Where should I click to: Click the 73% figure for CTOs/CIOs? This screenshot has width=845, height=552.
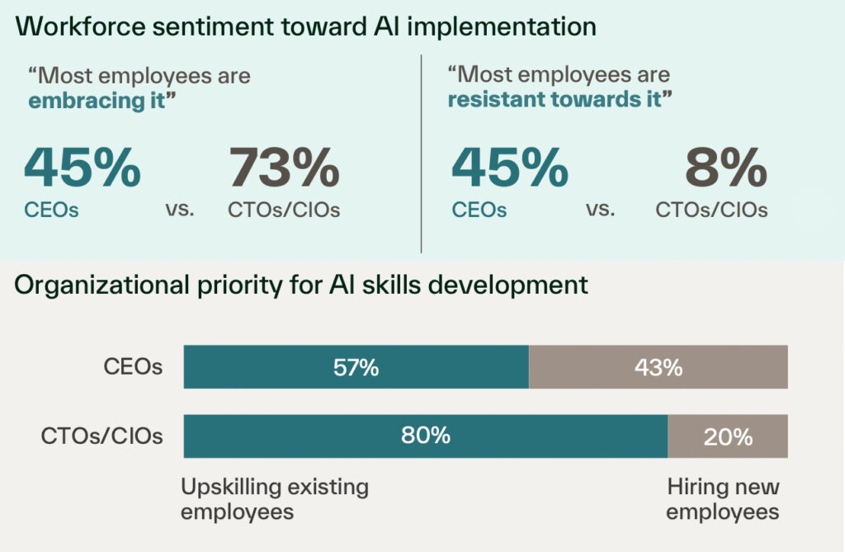(x=284, y=167)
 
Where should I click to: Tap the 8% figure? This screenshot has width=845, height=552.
(x=726, y=167)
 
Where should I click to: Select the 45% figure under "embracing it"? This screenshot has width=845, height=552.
(x=82, y=167)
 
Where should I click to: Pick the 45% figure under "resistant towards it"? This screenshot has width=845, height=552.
(x=509, y=167)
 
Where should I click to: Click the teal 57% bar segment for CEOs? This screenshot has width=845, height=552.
(x=356, y=367)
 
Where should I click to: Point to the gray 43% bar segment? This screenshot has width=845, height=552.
(x=659, y=367)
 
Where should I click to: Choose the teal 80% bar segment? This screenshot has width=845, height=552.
(x=425, y=436)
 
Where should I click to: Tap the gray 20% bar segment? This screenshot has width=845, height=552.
(x=728, y=436)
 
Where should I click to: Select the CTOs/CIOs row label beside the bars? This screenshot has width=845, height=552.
(x=101, y=436)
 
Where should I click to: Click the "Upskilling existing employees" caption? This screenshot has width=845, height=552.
(x=274, y=498)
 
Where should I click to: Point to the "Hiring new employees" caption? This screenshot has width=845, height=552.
(x=723, y=498)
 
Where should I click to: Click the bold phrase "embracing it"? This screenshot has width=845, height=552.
(x=97, y=101)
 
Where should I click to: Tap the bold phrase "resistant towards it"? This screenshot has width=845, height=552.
(x=555, y=101)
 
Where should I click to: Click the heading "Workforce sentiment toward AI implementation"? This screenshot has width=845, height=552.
(x=306, y=26)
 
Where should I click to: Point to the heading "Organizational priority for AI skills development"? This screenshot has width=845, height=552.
(x=302, y=285)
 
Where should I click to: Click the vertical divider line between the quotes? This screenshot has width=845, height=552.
(x=421, y=153)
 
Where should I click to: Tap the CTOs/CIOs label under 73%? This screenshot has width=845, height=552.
(x=284, y=210)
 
